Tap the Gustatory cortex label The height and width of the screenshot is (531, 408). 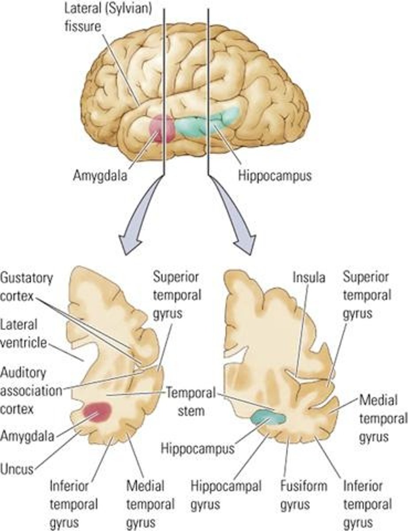(x=27, y=287)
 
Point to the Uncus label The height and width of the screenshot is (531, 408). (x=17, y=468)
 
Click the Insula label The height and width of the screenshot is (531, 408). (x=308, y=277)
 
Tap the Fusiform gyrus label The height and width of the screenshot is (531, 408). (x=304, y=495)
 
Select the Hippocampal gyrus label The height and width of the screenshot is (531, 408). (x=226, y=495)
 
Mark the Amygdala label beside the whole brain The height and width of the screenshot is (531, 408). (x=100, y=176)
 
